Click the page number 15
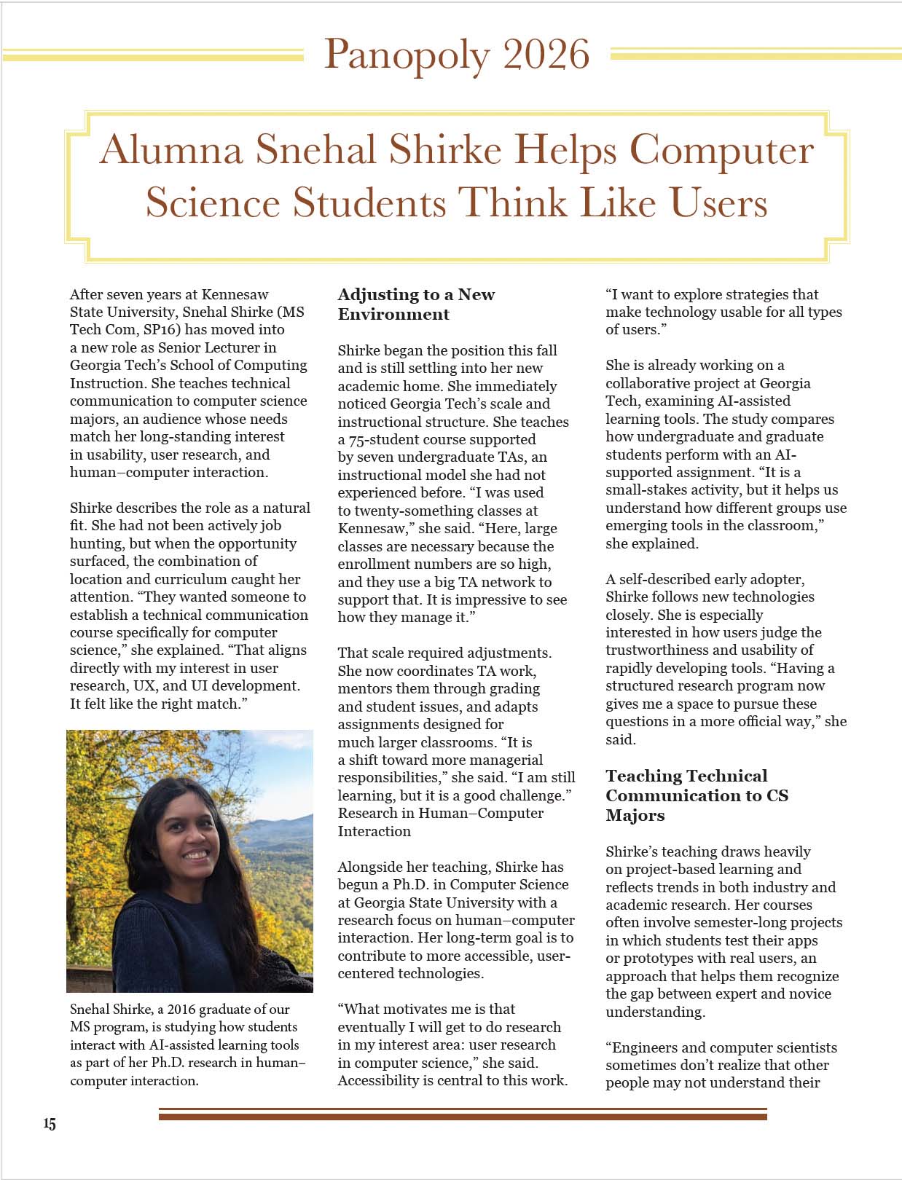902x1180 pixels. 49,1124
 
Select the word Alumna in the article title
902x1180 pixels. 172,150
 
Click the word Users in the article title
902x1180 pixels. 718,202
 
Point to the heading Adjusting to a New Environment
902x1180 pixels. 415,304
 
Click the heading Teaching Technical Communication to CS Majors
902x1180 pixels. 696,795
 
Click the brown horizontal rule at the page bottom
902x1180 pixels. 463,1114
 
